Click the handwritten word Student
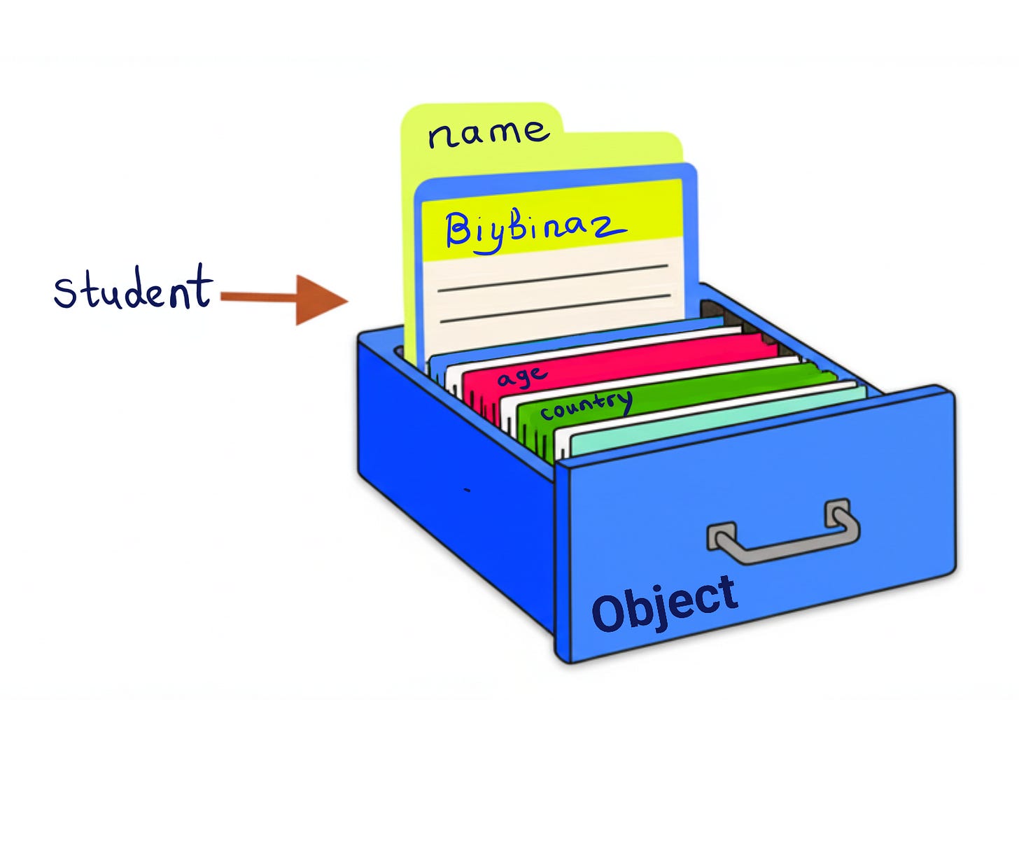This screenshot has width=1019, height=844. coord(133,288)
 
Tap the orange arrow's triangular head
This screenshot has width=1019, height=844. coord(318,300)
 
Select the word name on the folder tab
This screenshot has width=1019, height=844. coord(488,132)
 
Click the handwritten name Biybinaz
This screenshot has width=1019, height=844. coord(533,229)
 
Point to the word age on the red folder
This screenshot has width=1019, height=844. coord(521,377)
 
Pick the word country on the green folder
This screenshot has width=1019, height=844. coord(586,405)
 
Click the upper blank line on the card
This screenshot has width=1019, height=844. coord(553,277)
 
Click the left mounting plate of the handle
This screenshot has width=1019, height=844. coord(721,535)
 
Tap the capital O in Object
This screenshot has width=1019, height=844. coord(610,613)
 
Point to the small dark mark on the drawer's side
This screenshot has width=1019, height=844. coord(468,491)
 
